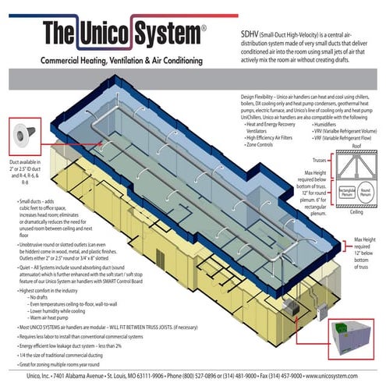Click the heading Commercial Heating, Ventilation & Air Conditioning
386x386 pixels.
pos(129,60)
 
